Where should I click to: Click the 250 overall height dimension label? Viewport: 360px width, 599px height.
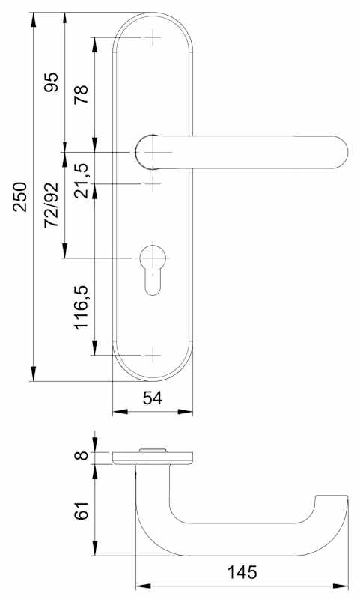20,197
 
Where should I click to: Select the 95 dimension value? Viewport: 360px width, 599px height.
52,82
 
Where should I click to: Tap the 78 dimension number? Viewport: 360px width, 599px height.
81,94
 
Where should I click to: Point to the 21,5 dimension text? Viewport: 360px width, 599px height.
81,180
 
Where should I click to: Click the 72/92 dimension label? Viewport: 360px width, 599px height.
52,204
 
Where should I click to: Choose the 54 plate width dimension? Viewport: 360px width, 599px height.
153,398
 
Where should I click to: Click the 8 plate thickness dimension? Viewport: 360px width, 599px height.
82,455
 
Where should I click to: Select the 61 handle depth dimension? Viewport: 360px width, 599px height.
81,510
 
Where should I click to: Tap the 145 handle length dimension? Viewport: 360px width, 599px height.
242,572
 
